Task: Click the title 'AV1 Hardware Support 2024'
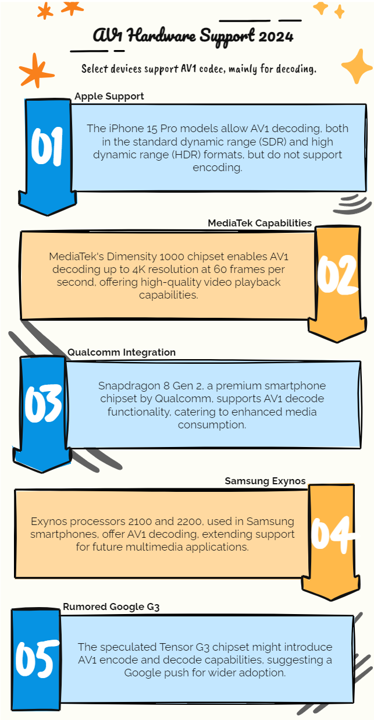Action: pos(193,36)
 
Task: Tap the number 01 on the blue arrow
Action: pos(47,148)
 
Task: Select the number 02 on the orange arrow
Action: pos(337,274)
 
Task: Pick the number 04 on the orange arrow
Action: pos(332,532)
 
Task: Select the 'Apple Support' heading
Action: pos(109,96)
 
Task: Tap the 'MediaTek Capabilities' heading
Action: pos(259,223)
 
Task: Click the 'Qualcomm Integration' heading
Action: pos(121,352)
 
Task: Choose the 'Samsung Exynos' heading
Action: pos(265,481)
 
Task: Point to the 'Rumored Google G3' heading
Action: pos(111,606)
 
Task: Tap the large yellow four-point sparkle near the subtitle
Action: pos(356,66)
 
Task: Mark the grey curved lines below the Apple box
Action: pos(354,203)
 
